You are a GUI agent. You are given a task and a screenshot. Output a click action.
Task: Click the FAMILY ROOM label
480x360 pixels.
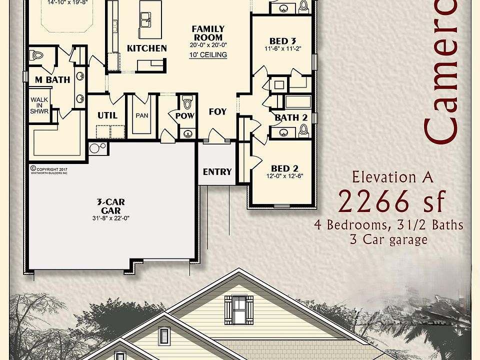208,33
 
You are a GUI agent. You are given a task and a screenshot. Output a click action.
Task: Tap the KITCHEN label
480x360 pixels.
146,48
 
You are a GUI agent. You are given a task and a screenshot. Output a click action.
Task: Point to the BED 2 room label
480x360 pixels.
284,168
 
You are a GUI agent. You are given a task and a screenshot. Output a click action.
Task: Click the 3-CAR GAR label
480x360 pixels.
110,205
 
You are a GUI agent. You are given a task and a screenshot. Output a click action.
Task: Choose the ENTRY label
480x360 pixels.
217,172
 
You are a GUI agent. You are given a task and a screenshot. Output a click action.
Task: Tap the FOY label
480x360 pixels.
217,112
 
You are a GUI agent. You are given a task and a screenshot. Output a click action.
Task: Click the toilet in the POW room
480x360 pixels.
187,103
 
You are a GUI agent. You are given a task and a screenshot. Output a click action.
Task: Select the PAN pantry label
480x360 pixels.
142,115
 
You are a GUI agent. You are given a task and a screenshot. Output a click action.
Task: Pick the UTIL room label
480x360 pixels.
107,115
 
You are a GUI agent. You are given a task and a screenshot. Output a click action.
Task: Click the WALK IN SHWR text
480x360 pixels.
39,105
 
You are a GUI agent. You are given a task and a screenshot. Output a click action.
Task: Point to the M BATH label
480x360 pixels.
52,79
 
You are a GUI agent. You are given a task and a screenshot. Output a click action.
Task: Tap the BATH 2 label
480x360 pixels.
290,117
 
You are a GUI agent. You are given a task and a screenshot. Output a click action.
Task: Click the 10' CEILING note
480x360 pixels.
208,55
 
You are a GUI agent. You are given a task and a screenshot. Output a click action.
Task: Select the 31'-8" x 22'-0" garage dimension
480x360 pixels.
110,217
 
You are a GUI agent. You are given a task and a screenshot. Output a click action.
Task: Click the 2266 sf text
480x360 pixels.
391,202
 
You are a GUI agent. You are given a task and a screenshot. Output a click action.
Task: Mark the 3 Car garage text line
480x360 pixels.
389,239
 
